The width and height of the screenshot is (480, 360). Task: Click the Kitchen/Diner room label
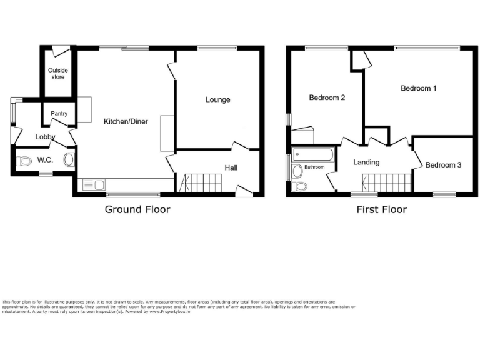126,121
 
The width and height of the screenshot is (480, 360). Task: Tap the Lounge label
218,100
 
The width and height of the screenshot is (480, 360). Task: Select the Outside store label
57,74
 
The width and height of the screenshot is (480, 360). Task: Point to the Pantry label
59,114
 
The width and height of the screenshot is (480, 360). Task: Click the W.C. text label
45,160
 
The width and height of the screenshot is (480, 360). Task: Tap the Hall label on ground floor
231,167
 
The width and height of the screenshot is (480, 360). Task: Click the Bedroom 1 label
418,89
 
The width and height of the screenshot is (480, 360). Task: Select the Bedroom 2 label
327,97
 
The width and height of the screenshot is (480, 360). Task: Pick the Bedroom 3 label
443,165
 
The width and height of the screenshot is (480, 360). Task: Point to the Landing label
366,162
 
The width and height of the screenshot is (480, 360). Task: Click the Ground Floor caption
137,209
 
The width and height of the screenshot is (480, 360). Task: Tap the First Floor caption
381,209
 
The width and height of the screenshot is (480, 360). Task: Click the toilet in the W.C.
25,161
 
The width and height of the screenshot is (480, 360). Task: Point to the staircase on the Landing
387,183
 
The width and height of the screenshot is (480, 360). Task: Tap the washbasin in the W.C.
69,159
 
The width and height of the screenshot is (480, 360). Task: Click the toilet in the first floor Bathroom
301,186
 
